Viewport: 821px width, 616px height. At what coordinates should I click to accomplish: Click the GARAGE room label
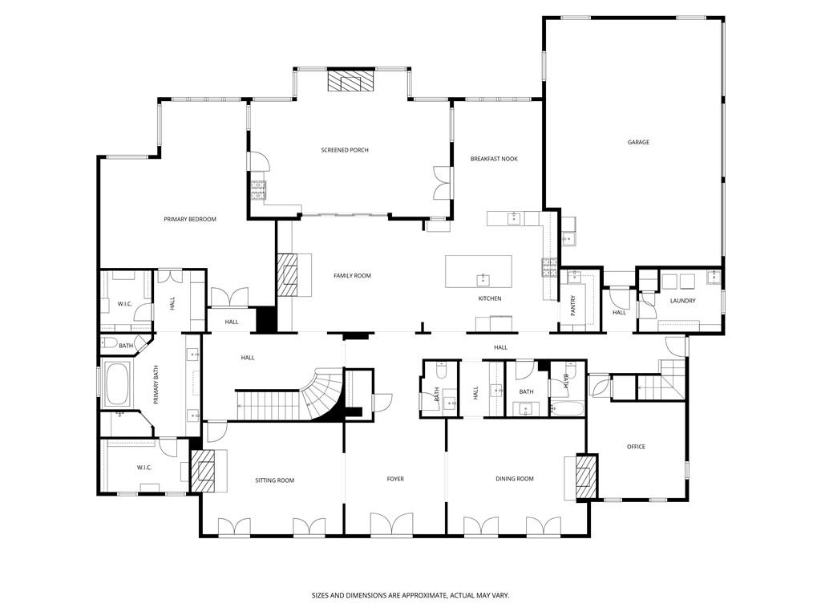click(638, 142)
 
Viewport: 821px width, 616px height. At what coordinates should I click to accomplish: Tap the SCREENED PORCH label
click(345, 150)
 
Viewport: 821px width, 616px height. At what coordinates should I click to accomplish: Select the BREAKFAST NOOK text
click(494, 159)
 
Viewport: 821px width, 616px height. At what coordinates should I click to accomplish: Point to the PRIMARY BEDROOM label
click(190, 219)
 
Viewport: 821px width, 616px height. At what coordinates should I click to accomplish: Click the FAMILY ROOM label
click(352, 276)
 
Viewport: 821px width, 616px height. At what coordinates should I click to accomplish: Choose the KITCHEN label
click(490, 298)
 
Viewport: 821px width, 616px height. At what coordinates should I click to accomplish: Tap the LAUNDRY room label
click(682, 301)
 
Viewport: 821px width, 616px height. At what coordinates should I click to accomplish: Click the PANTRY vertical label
click(573, 306)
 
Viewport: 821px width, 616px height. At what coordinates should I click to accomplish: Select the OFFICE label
click(636, 447)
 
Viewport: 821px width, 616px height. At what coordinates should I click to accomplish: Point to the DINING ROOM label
click(514, 479)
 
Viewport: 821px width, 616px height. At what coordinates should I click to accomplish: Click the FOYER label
click(395, 479)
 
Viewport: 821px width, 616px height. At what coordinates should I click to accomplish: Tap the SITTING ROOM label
click(275, 480)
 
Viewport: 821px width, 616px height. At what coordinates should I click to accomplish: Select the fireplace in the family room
click(287, 276)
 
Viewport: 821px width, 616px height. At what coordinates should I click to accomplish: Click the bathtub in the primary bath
click(118, 383)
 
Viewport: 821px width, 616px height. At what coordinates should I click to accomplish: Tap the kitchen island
click(479, 272)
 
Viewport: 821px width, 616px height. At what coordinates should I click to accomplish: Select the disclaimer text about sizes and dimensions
click(410, 595)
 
